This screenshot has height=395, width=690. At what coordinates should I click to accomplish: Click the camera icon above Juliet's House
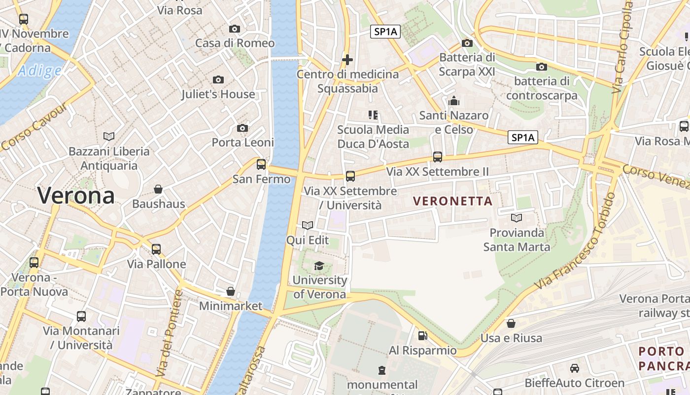(x=218, y=79)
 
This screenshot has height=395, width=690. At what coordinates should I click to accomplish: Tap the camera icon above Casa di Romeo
(x=235, y=29)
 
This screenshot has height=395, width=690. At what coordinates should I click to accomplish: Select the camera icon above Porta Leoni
(x=242, y=128)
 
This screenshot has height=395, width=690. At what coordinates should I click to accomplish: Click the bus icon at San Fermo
(x=261, y=164)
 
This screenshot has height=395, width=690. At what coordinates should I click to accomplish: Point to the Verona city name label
(x=76, y=196)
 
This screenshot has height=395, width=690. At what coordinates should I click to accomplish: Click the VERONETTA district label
(x=453, y=201)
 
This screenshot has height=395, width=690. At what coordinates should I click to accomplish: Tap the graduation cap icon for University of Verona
(x=319, y=266)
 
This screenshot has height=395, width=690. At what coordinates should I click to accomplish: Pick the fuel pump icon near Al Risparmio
(x=422, y=336)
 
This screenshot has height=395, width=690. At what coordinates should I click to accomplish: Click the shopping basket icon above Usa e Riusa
(x=511, y=323)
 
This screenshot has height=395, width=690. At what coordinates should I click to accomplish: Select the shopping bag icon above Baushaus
(x=158, y=189)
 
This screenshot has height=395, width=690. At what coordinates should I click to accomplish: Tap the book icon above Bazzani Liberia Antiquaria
(x=109, y=136)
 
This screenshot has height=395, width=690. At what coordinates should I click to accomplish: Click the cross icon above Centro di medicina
(x=347, y=60)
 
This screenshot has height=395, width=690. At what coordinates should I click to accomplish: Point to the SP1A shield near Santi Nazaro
(x=523, y=137)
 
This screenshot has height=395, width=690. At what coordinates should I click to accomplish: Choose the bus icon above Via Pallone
(x=156, y=249)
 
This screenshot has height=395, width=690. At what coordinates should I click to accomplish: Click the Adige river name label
(x=39, y=71)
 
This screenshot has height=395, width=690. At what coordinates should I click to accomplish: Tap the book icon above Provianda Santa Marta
(x=517, y=218)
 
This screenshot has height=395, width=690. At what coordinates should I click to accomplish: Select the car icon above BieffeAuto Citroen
(x=575, y=368)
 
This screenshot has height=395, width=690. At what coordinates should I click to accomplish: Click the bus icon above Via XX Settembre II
(x=438, y=157)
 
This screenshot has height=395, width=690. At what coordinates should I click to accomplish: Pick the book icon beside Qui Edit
(x=308, y=226)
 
